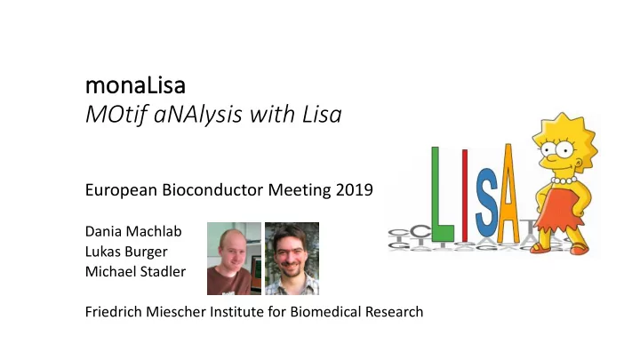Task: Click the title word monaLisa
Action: tap(135, 85)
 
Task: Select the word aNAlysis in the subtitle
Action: tap(198, 116)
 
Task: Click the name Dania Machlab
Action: tap(133, 231)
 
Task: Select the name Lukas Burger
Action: tap(126, 252)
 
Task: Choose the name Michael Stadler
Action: tap(135, 271)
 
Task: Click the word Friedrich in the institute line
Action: tap(113, 312)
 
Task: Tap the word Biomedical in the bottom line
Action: tap(325, 312)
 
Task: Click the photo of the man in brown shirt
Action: tap(234, 259)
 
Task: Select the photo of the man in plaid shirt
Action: tap(292, 259)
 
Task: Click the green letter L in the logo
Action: tap(443, 195)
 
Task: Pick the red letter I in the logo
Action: tap(465, 196)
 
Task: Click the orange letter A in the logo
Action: tap(508, 194)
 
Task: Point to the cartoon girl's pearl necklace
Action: tap(564, 180)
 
